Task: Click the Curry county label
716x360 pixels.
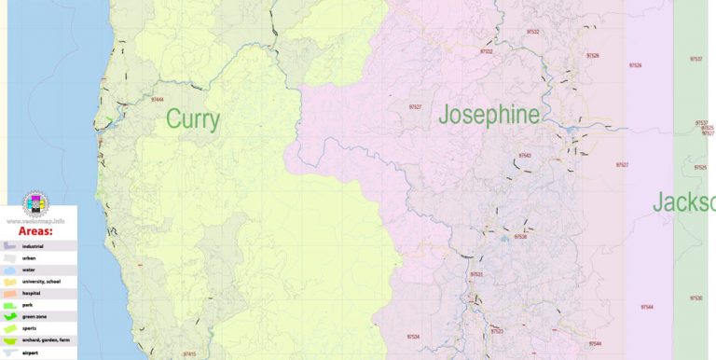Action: pos(193,119)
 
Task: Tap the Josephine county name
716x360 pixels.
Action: pos(489,116)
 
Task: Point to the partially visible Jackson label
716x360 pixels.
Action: pos(683,201)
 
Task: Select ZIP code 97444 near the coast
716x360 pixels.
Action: pos(156,99)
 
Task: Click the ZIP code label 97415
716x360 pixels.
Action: pos(189,354)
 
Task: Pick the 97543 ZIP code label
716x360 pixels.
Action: pos(524,156)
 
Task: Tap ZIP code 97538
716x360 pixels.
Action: pos(519,237)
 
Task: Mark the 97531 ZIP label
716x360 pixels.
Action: pos(475,274)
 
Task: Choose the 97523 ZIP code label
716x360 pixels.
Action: pos(496,331)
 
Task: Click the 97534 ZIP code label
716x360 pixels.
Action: pos(413,337)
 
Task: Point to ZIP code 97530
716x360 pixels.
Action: pos(696,298)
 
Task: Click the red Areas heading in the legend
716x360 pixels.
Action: pos(36,229)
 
